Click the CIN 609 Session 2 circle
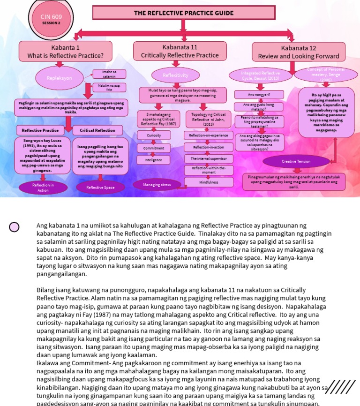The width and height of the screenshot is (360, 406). tap(51, 19)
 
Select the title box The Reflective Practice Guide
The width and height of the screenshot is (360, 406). tap(183, 13)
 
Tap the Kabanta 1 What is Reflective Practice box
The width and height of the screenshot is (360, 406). tap(65, 52)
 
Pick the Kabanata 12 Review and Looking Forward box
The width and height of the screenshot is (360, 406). tap(298, 52)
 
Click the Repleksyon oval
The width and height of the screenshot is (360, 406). tap(59, 78)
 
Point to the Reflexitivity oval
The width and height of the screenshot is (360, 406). tap(175, 75)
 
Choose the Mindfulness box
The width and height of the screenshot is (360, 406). tap(209, 182)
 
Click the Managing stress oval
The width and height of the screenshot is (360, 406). tap(157, 185)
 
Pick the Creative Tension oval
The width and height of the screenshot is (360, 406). tap(296, 161)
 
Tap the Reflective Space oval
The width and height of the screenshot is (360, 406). tap(100, 188)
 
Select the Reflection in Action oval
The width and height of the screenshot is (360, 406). tap(43, 188)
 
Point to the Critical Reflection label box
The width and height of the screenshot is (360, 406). tap(97, 130)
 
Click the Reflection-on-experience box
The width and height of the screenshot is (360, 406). tap(209, 135)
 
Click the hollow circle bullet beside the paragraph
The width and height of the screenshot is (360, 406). tap(15, 227)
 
